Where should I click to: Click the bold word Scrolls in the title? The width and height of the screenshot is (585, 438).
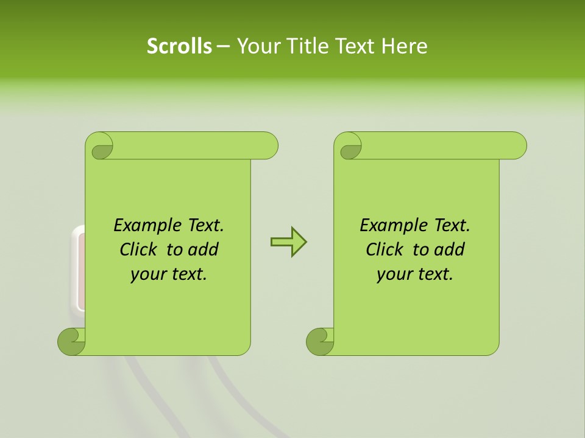coord(179,46)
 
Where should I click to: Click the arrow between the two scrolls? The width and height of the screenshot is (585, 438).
coord(288,242)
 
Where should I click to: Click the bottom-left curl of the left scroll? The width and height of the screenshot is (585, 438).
coord(71,341)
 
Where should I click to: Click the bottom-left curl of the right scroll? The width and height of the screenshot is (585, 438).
coord(320,341)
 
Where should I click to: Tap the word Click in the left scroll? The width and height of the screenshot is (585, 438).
coord(140,250)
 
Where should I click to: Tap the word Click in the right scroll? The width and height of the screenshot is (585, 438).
coord(386,250)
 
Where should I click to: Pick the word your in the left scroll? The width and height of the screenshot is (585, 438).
coord(147,274)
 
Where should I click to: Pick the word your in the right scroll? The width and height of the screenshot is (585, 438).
coord(394,274)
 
